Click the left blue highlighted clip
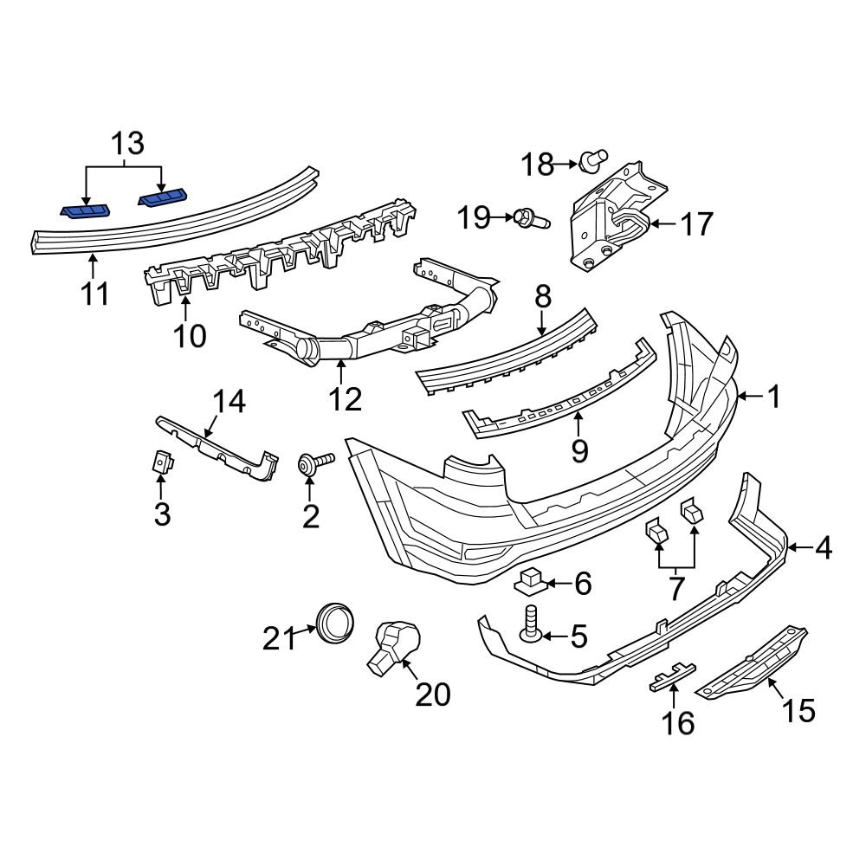click(x=85, y=210)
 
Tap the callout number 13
click(x=126, y=144)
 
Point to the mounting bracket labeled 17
click(x=615, y=216)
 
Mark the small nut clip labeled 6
click(x=532, y=582)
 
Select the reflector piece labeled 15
click(x=753, y=663)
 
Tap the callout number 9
click(x=579, y=449)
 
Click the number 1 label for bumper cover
click(x=773, y=397)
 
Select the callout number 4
click(x=822, y=547)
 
